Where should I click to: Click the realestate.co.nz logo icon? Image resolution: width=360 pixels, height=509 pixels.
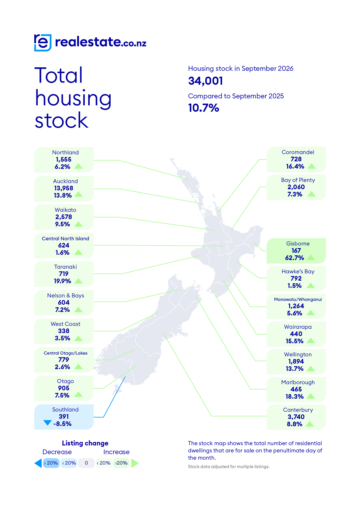tap(43, 43)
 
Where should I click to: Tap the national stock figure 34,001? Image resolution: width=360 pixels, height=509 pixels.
tap(206, 81)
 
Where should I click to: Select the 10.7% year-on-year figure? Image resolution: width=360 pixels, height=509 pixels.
tap(204, 108)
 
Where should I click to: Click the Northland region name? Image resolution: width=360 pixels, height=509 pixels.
tap(65, 152)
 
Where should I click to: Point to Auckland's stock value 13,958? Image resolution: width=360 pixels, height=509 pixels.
tap(64, 188)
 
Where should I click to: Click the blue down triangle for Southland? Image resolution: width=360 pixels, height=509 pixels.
tap(47, 423)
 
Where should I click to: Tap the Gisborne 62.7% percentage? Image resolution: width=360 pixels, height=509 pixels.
tap(294, 258)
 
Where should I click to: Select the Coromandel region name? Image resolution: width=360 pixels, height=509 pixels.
tap(298, 152)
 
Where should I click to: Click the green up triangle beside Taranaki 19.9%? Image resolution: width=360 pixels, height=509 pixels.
tap(78, 281)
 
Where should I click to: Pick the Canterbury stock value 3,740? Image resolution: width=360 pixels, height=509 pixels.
tap(296, 417)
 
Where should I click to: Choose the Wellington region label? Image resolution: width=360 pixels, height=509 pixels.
tap(298, 354)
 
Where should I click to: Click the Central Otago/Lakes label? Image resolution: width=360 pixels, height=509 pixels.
tap(66, 353)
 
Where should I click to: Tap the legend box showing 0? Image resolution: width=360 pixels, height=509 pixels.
tap(86, 463)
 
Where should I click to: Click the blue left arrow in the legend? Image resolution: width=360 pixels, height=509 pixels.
tap(38, 463)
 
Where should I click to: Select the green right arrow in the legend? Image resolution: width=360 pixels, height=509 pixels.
tap(135, 463)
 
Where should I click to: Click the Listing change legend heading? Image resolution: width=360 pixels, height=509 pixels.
tap(85, 443)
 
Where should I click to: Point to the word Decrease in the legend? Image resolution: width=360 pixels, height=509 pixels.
tap(57, 452)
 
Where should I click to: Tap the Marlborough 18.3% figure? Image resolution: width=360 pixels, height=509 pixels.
tap(294, 396)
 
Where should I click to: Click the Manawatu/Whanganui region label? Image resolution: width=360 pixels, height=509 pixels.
tap(298, 299)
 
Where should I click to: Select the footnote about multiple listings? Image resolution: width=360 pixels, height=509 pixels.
tap(229, 467)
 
